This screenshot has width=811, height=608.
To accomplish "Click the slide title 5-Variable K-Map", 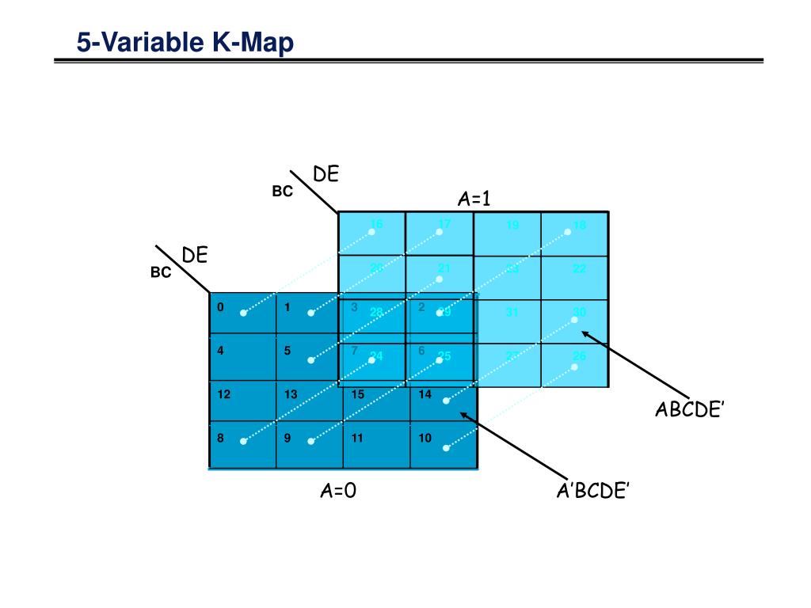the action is [x=185, y=41].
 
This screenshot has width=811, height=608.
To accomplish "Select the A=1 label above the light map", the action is [x=474, y=199].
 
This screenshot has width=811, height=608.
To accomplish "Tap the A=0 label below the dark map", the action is [x=338, y=491].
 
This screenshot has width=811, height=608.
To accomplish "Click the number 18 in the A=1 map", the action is [x=580, y=226].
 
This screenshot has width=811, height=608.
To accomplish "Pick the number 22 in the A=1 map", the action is [x=580, y=269].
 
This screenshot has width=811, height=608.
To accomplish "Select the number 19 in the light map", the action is [x=512, y=226].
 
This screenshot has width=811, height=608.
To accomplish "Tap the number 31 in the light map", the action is [x=512, y=313].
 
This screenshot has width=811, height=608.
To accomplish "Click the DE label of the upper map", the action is [x=326, y=174].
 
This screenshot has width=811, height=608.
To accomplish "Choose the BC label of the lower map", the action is [x=161, y=273].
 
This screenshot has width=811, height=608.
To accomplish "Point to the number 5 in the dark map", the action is [x=287, y=351].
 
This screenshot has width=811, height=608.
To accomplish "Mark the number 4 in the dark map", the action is [x=220, y=351].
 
